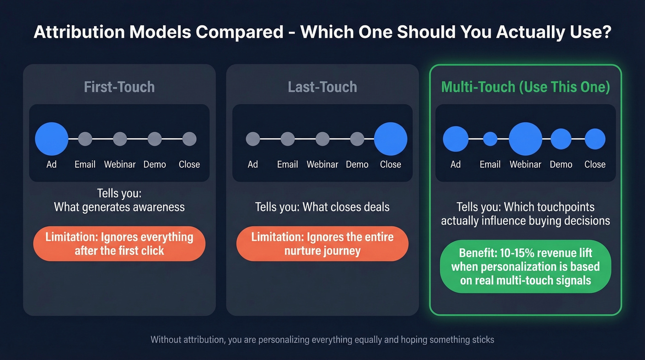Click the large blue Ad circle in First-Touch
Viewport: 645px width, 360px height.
pyautogui.click(x=52, y=139)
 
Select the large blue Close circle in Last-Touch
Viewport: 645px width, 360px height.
pyautogui.click(x=390, y=139)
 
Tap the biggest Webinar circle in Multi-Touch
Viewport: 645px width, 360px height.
pyautogui.click(x=525, y=139)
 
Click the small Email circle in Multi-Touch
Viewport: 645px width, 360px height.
pyautogui.click(x=490, y=139)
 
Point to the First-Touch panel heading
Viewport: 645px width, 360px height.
pyautogui.click(x=119, y=87)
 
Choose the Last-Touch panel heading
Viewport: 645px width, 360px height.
pyautogui.click(x=322, y=87)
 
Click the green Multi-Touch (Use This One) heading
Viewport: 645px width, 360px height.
pyautogui.click(x=525, y=87)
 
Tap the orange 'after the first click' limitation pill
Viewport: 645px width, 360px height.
pyautogui.click(x=119, y=244)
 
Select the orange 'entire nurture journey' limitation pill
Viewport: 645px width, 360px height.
pyautogui.click(x=322, y=244)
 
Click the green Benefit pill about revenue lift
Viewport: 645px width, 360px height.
pyautogui.click(x=525, y=266)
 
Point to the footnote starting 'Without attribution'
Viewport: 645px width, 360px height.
pyautogui.click(x=322, y=340)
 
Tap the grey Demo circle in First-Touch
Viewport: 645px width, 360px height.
pyautogui.click(x=155, y=139)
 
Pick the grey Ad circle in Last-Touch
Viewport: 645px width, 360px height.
pyautogui.click(x=253, y=139)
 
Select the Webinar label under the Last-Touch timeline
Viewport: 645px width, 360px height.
pyautogui.click(x=322, y=165)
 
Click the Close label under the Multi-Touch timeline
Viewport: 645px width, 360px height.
pyautogui.click(x=595, y=165)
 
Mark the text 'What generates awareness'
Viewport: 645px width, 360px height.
pyautogui.click(x=119, y=207)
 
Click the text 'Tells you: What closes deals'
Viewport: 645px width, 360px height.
pyautogui.click(x=322, y=207)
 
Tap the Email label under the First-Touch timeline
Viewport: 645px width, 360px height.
pyautogui.click(x=85, y=165)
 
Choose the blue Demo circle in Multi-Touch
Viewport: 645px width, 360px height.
pyautogui.click(x=561, y=139)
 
